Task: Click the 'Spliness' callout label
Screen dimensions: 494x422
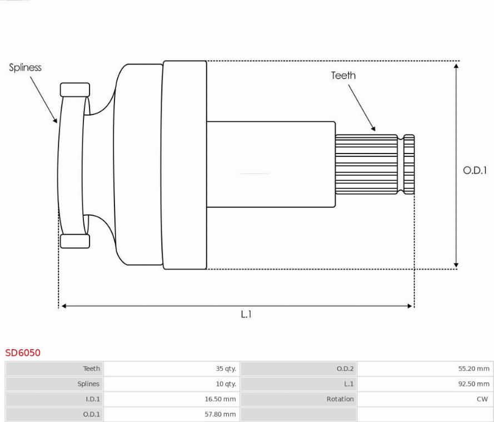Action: coord(25,67)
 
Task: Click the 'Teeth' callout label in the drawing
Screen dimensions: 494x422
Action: coord(343,76)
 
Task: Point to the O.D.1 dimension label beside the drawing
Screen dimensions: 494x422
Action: coord(475,171)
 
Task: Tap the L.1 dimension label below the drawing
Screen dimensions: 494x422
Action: coord(246,314)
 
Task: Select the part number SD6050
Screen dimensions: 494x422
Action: coord(23,353)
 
